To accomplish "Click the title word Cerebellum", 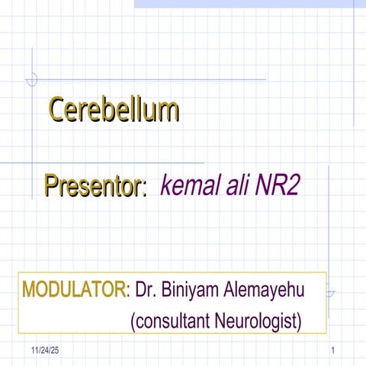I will coord(114,111).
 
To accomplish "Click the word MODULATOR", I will coord(75,290).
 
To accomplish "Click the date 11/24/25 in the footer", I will coord(45,350).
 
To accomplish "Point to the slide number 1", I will coord(334,350).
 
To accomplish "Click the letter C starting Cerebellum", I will coord(58,111).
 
